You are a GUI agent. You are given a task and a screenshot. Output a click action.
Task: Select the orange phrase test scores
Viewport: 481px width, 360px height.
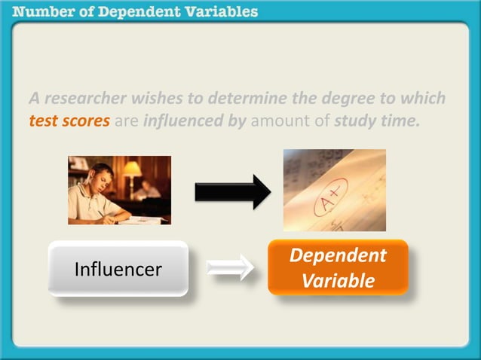tap(69, 120)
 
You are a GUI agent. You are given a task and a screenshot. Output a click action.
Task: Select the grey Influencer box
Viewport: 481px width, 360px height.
tap(118, 268)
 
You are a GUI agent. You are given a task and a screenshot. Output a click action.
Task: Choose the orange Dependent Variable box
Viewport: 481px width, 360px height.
tap(338, 267)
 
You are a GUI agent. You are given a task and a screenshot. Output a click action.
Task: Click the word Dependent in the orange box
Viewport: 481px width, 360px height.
tap(338, 255)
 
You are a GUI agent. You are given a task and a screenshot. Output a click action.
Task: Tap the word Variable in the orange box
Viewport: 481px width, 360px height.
tap(338, 281)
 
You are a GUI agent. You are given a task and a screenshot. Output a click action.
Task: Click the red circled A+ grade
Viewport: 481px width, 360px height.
tap(329, 197)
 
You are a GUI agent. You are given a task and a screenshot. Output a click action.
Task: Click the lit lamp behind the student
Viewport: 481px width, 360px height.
tap(133, 169)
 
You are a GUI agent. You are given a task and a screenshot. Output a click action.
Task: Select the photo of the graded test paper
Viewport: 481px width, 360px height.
tap(334, 190)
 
